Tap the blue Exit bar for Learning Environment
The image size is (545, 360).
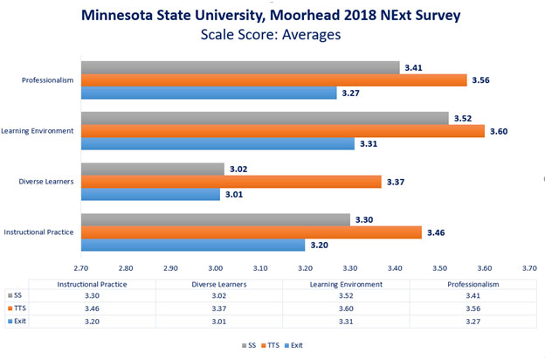click(217, 144)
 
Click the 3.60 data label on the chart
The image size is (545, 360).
click(500, 131)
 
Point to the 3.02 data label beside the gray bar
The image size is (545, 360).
click(239, 169)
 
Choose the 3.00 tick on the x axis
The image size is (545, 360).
click(216, 268)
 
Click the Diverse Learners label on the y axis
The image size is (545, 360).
click(46, 182)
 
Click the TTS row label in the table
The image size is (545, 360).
click(18, 308)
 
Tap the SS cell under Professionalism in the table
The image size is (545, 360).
click(460, 296)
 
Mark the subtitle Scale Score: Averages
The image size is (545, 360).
click(272, 37)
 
